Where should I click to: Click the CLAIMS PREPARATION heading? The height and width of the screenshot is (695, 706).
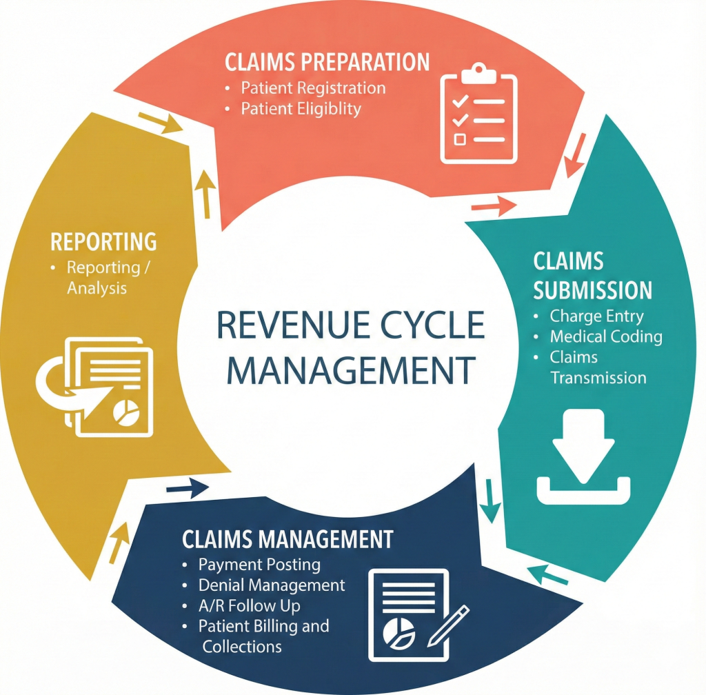click(x=327, y=62)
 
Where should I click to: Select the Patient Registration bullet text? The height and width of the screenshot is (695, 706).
click(x=313, y=88)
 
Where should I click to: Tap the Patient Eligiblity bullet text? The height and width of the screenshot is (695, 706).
click(x=301, y=109)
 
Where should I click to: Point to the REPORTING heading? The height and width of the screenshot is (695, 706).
click(x=103, y=242)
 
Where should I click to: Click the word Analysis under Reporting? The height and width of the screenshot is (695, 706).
click(x=97, y=288)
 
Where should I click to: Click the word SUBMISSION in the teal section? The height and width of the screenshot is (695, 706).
click(x=593, y=290)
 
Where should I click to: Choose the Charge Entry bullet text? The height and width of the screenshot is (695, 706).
click(x=596, y=316)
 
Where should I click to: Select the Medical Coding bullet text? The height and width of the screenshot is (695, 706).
click(x=606, y=337)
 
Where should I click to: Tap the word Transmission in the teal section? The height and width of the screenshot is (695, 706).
click(x=598, y=378)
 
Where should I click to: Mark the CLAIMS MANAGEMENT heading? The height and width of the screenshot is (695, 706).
click(x=288, y=538)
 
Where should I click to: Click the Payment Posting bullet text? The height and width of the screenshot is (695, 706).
click(x=259, y=565)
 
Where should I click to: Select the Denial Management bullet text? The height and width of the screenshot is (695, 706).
click(x=272, y=585)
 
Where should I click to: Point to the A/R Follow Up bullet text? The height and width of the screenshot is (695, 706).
click(x=249, y=606)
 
